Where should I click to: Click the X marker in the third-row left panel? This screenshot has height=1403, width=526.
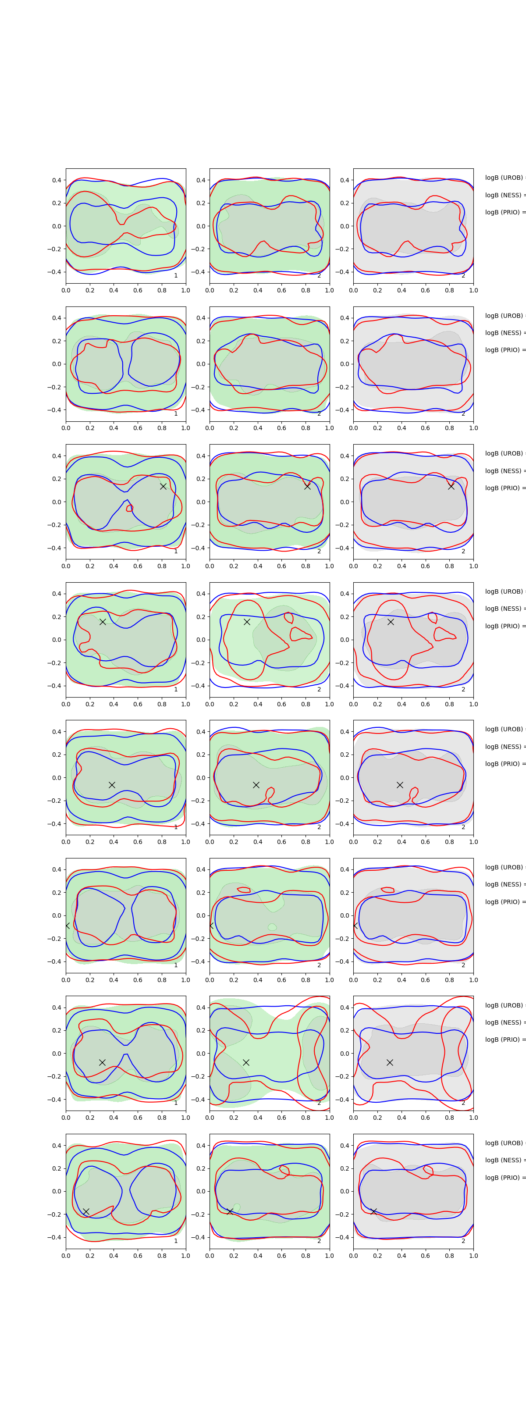pyautogui.click(x=163, y=486)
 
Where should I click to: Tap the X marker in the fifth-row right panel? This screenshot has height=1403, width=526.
pyautogui.click(x=400, y=785)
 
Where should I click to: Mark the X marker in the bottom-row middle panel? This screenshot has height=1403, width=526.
pyautogui.click(x=230, y=1211)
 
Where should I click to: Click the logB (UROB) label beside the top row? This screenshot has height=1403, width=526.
pyautogui.click(x=504, y=178)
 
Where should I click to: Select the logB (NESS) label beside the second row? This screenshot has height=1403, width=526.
pyautogui.click(x=504, y=333)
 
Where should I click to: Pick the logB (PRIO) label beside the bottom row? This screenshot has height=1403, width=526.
pyautogui.click(x=504, y=1178)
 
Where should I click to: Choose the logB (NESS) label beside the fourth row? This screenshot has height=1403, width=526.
pyautogui.click(x=504, y=609)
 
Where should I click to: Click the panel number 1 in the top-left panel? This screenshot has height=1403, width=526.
pyautogui.click(x=175, y=276)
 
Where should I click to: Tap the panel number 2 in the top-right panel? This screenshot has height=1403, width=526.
pyautogui.click(x=463, y=276)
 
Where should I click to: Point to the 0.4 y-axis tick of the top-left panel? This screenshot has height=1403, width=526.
pyautogui.click(x=57, y=180)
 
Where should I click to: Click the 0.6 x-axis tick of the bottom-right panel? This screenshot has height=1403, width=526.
pyautogui.click(x=425, y=1255)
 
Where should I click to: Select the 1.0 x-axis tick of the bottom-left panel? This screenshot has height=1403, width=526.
pyautogui.click(x=186, y=1255)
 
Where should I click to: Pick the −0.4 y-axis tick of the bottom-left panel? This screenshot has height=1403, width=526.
pyautogui.click(x=54, y=1237)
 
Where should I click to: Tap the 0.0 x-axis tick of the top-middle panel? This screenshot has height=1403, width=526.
pyautogui.click(x=210, y=290)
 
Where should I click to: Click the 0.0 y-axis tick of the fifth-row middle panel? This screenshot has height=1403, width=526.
pyautogui.click(x=200, y=778)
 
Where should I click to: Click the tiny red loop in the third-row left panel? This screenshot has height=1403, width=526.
pyautogui.click(x=130, y=508)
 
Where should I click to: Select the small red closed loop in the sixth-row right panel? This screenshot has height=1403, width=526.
pyautogui.click(x=387, y=890)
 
